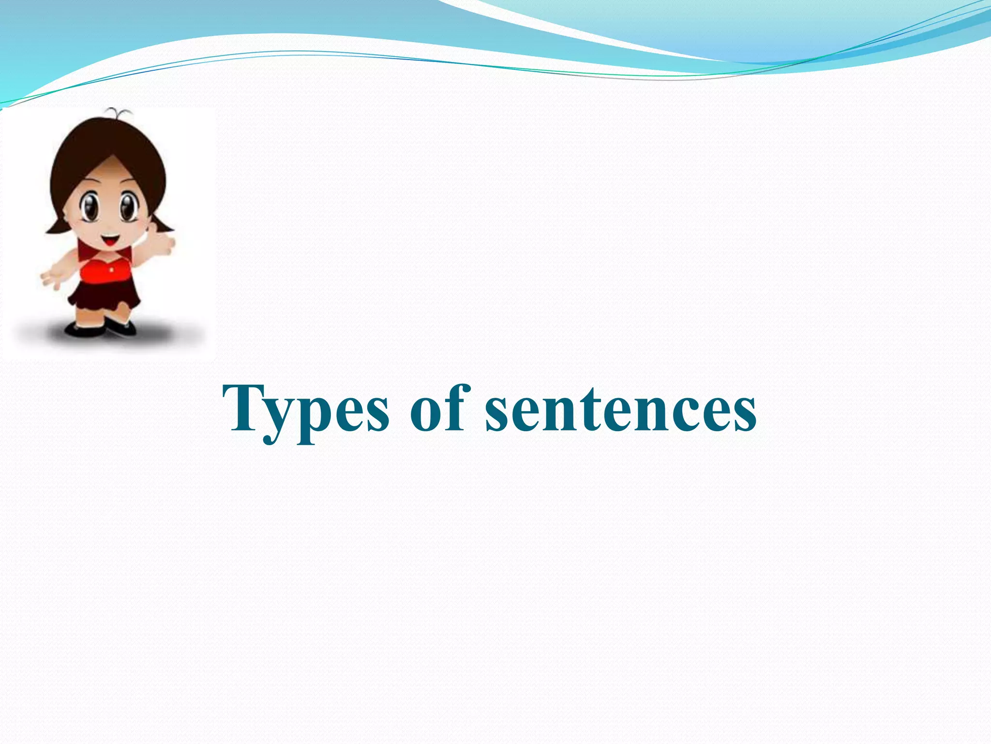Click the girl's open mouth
110,240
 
